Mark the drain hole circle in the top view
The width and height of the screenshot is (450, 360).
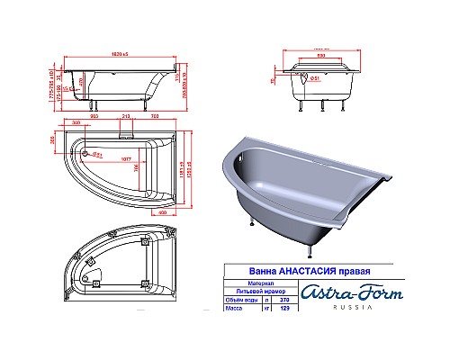tap(85, 155)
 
